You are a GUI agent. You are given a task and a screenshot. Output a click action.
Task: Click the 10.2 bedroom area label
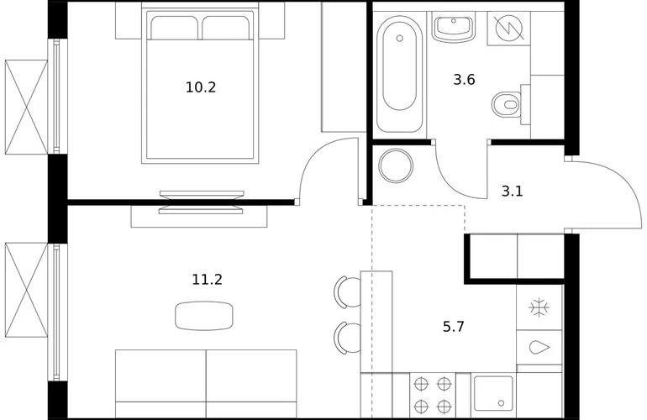click(201, 87)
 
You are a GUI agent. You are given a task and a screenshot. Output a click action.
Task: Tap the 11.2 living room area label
click(208, 280)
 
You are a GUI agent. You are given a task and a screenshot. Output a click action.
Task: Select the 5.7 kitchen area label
click(454, 327)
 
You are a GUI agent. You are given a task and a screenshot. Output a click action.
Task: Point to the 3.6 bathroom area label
click(464, 79)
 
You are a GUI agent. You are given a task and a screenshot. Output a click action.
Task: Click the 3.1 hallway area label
click(512, 191)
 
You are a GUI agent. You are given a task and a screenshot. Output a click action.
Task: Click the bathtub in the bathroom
click(399, 74)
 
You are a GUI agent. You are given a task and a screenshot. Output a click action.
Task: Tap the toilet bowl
click(507, 104)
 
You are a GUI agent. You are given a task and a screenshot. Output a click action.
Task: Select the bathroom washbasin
click(454, 27)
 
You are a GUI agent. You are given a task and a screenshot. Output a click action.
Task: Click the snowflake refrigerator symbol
click(539, 307)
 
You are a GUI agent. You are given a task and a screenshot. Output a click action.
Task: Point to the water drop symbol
click(539, 347)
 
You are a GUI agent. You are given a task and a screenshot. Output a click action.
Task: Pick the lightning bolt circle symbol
click(508, 28)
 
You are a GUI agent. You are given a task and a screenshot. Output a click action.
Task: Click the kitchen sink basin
click(493, 393)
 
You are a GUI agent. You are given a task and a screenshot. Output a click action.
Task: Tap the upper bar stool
click(347, 292)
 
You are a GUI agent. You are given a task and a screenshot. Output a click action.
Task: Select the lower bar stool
click(347, 338)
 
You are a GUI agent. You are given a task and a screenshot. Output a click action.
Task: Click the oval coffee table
click(204, 316)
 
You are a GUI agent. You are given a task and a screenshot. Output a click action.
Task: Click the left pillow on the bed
click(174, 28)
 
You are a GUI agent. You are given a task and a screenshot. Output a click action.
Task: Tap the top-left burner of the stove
click(422, 384)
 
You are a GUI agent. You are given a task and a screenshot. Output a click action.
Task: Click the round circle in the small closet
click(396, 165)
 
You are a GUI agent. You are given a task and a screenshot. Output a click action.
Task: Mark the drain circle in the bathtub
click(399, 39)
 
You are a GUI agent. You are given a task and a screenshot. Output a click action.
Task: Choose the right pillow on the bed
click(226, 28)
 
